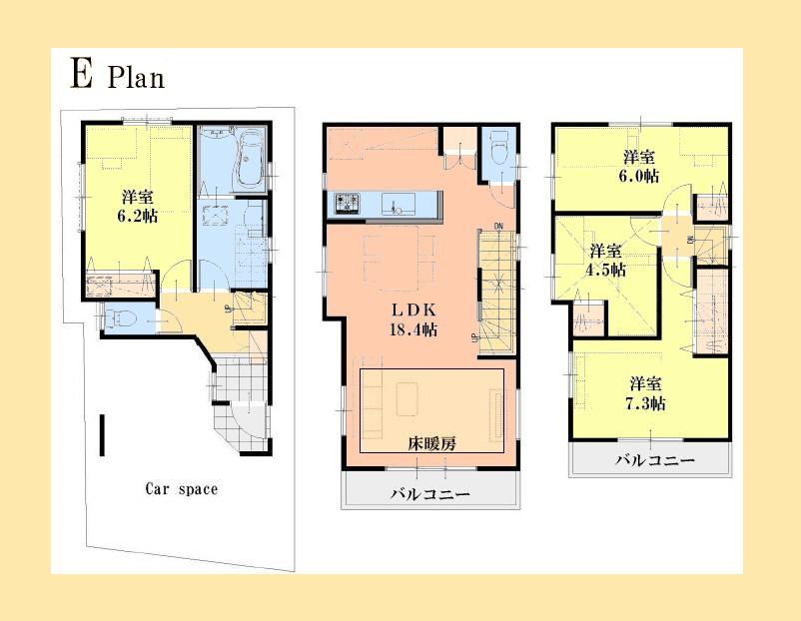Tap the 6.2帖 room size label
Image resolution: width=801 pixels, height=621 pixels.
pos(138,206)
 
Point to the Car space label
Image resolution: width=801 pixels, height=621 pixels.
pos(181,489)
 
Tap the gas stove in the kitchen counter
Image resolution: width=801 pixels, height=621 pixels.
pos(350,203)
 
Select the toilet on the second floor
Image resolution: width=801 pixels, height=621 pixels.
pos(499,151)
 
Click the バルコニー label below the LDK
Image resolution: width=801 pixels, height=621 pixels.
pos(429,494)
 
